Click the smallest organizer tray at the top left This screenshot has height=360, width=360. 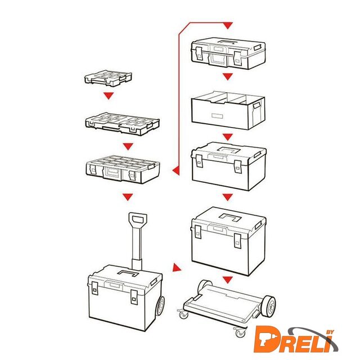108,78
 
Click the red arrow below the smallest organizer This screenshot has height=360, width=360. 109,95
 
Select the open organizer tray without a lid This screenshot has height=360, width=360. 123,124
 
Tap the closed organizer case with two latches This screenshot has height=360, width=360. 123,169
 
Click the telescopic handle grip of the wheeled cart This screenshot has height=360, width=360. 137,220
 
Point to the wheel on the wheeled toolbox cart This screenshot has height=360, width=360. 160,305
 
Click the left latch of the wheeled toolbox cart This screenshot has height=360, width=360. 94,289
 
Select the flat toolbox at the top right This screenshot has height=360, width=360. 228,53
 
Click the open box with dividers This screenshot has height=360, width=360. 228,110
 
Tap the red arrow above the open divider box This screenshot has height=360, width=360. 227,76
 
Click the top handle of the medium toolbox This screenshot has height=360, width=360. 229,150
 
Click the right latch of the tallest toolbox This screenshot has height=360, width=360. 237,241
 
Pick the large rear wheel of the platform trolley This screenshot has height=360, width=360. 269,305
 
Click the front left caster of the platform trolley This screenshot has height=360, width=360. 183,314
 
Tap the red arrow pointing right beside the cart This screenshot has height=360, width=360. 177,268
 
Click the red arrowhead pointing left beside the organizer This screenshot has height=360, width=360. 176,170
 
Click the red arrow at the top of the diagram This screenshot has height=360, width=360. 227,25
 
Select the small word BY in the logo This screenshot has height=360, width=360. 330,332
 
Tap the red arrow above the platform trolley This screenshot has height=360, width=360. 227,280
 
